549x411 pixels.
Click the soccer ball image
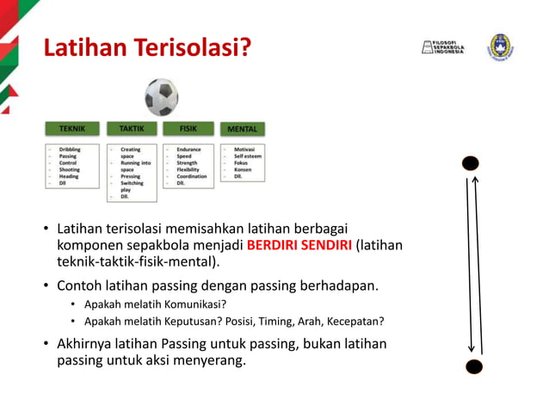161,98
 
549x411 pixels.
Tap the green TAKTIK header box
131,129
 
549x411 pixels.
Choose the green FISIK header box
188,129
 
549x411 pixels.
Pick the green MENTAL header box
242,129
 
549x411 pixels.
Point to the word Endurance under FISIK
188,150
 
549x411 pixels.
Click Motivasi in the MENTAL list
244,150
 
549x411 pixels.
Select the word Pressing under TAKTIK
131,176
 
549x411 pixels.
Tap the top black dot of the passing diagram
471,163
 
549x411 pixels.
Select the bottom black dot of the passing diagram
473,366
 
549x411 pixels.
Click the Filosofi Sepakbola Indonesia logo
442,46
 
